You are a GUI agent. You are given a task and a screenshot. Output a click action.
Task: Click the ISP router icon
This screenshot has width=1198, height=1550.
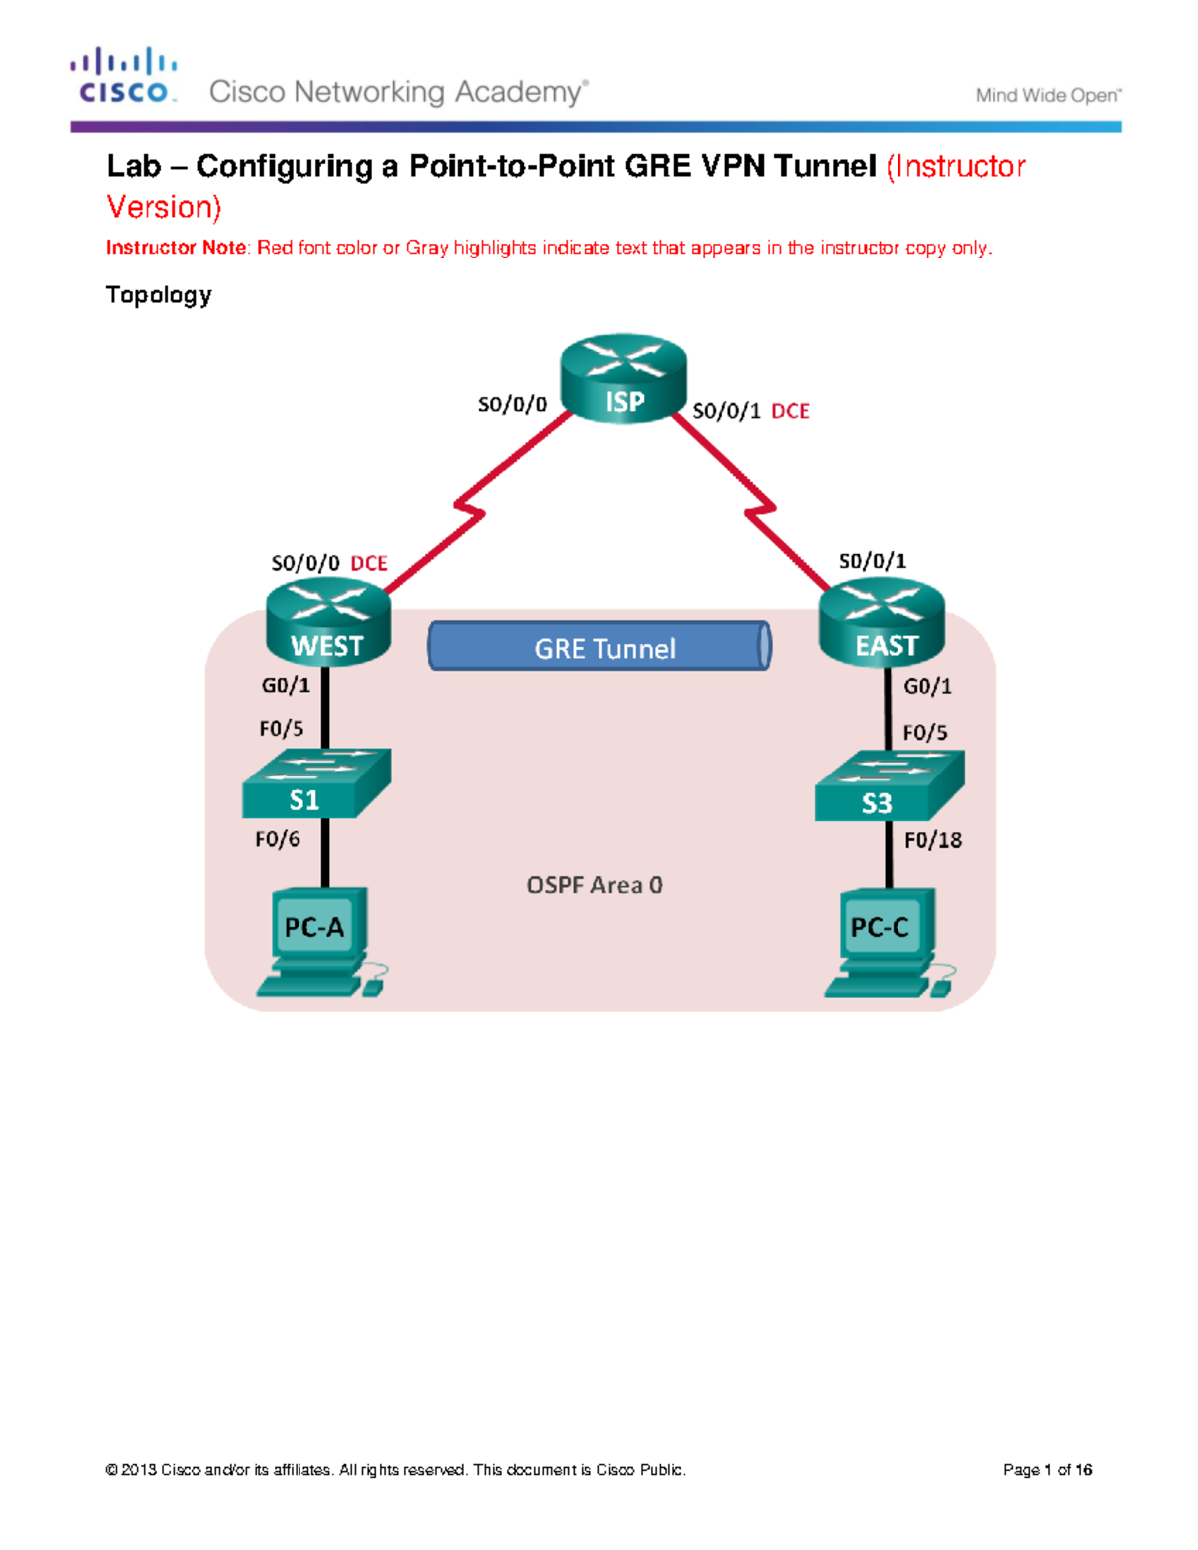point(623,378)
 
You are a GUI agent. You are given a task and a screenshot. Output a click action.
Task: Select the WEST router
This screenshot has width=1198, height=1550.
point(327,623)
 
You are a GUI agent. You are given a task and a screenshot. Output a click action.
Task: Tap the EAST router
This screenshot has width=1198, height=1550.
point(882,623)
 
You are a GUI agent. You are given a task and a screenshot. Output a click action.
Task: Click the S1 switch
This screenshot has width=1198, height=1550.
point(315,784)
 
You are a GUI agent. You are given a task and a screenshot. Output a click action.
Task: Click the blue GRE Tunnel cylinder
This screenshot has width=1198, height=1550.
point(600,647)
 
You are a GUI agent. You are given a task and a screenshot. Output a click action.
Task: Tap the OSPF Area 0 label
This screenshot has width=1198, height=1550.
point(594,885)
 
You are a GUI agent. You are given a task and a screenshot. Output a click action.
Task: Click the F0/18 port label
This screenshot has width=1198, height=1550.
point(933,840)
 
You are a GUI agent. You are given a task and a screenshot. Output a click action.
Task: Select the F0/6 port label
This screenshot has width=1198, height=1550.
point(278,839)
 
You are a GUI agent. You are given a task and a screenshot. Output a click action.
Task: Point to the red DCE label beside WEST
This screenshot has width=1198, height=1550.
point(369,563)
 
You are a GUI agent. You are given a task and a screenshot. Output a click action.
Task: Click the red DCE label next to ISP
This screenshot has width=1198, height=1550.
point(790,411)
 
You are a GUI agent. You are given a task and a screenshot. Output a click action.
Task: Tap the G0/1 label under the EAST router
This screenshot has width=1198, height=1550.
point(927,686)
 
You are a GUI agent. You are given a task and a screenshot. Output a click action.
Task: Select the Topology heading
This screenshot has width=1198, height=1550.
point(158,295)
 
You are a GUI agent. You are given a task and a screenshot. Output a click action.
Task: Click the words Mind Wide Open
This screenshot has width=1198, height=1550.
point(1048,96)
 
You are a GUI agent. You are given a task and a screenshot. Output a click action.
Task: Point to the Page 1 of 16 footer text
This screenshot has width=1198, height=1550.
point(1047,1470)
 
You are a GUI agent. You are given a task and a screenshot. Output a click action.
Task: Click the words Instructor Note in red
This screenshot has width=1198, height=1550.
point(176,248)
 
